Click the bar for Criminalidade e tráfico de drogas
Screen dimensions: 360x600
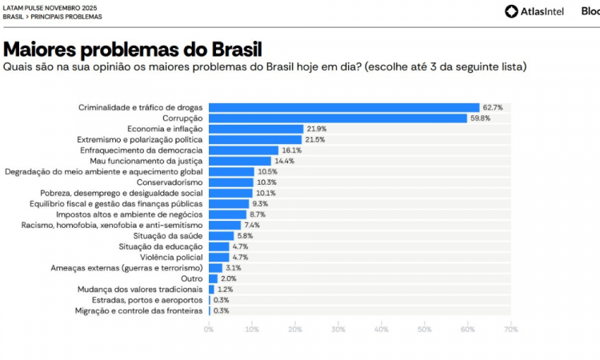coord(344,107)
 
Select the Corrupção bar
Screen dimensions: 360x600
coord(338,118)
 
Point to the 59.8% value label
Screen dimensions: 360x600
coord(480,118)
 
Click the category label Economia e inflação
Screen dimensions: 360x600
coord(165,129)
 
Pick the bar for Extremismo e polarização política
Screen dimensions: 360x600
coord(255,139)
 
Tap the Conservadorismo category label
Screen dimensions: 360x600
coord(170,182)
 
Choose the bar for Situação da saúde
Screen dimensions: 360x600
coord(222,236)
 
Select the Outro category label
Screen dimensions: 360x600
coord(193,278)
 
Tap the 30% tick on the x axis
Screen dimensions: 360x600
coord(338,329)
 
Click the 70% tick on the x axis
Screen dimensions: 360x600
coord(510,329)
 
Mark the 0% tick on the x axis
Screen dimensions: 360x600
coord(209,329)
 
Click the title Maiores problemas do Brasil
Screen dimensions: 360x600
coord(133,50)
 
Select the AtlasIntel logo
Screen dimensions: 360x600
coord(535,11)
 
